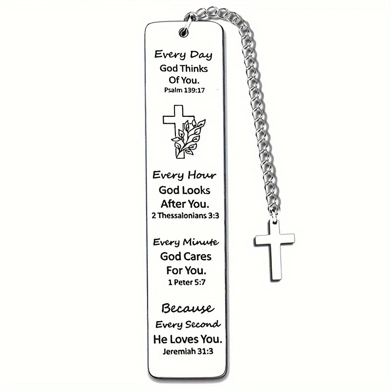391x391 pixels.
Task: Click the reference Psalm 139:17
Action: tap(184, 90)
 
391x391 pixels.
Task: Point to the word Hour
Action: tap(201, 175)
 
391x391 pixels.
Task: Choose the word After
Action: tap(174, 203)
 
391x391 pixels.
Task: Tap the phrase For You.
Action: tap(184, 269)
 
